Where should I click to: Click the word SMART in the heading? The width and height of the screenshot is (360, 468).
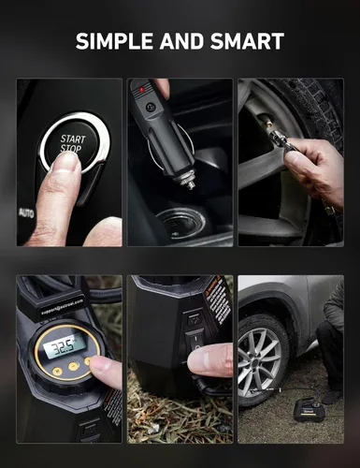247,41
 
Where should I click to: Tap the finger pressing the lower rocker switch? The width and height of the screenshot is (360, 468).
211,359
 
